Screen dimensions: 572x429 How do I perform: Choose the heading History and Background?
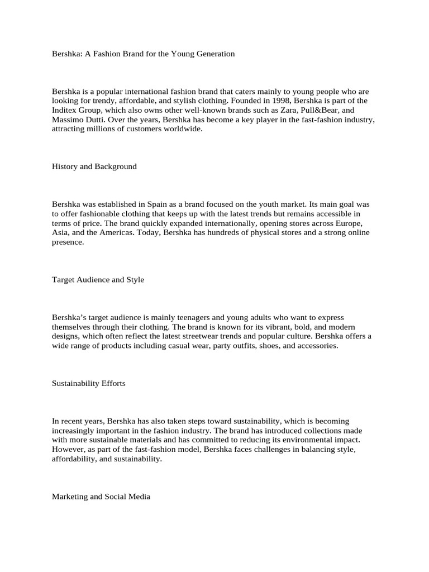pyautogui.click(x=94, y=166)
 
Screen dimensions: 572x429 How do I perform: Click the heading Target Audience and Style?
pyautogui.click(x=98, y=279)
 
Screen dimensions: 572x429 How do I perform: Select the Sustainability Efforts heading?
pyautogui.click(x=88, y=383)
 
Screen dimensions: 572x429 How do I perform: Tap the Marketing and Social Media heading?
pyautogui.click(x=101, y=496)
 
